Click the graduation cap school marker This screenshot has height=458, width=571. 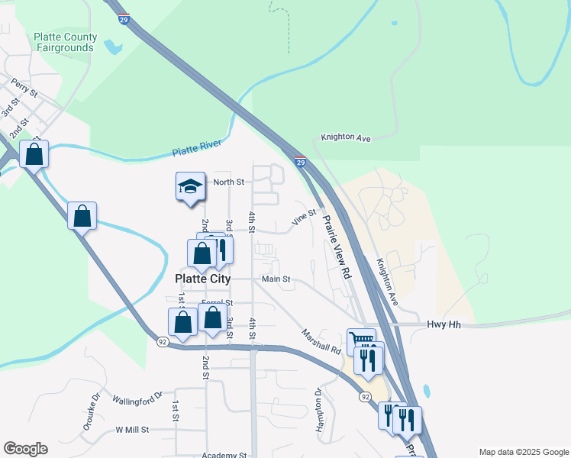pyautogui.click(x=190, y=186)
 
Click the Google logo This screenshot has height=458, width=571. pyautogui.click(x=25, y=449)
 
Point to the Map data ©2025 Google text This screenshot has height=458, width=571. pyautogui.click(x=523, y=452)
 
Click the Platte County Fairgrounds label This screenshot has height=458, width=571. pyautogui.click(x=65, y=42)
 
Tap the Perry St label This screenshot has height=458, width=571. pyautogui.click(x=25, y=87)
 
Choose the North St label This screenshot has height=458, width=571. pyautogui.click(x=228, y=182)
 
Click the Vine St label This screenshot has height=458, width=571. pyautogui.click(x=304, y=218)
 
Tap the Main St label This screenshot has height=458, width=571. pyautogui.click(x=276, y=279)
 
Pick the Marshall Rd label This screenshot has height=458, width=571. pyautogui.click(x=321, y=340)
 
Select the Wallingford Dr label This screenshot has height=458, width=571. pyautogui.click(x=137, y=397)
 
